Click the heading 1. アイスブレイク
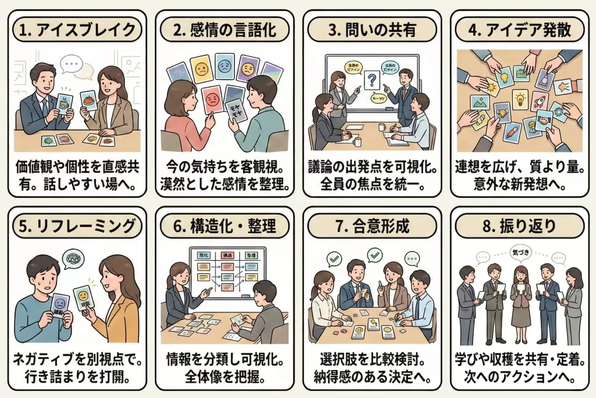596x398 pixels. click(x=77, y=29)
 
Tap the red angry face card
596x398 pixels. click(x=213, y=101)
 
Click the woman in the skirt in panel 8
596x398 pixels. click(x=520, y=303)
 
